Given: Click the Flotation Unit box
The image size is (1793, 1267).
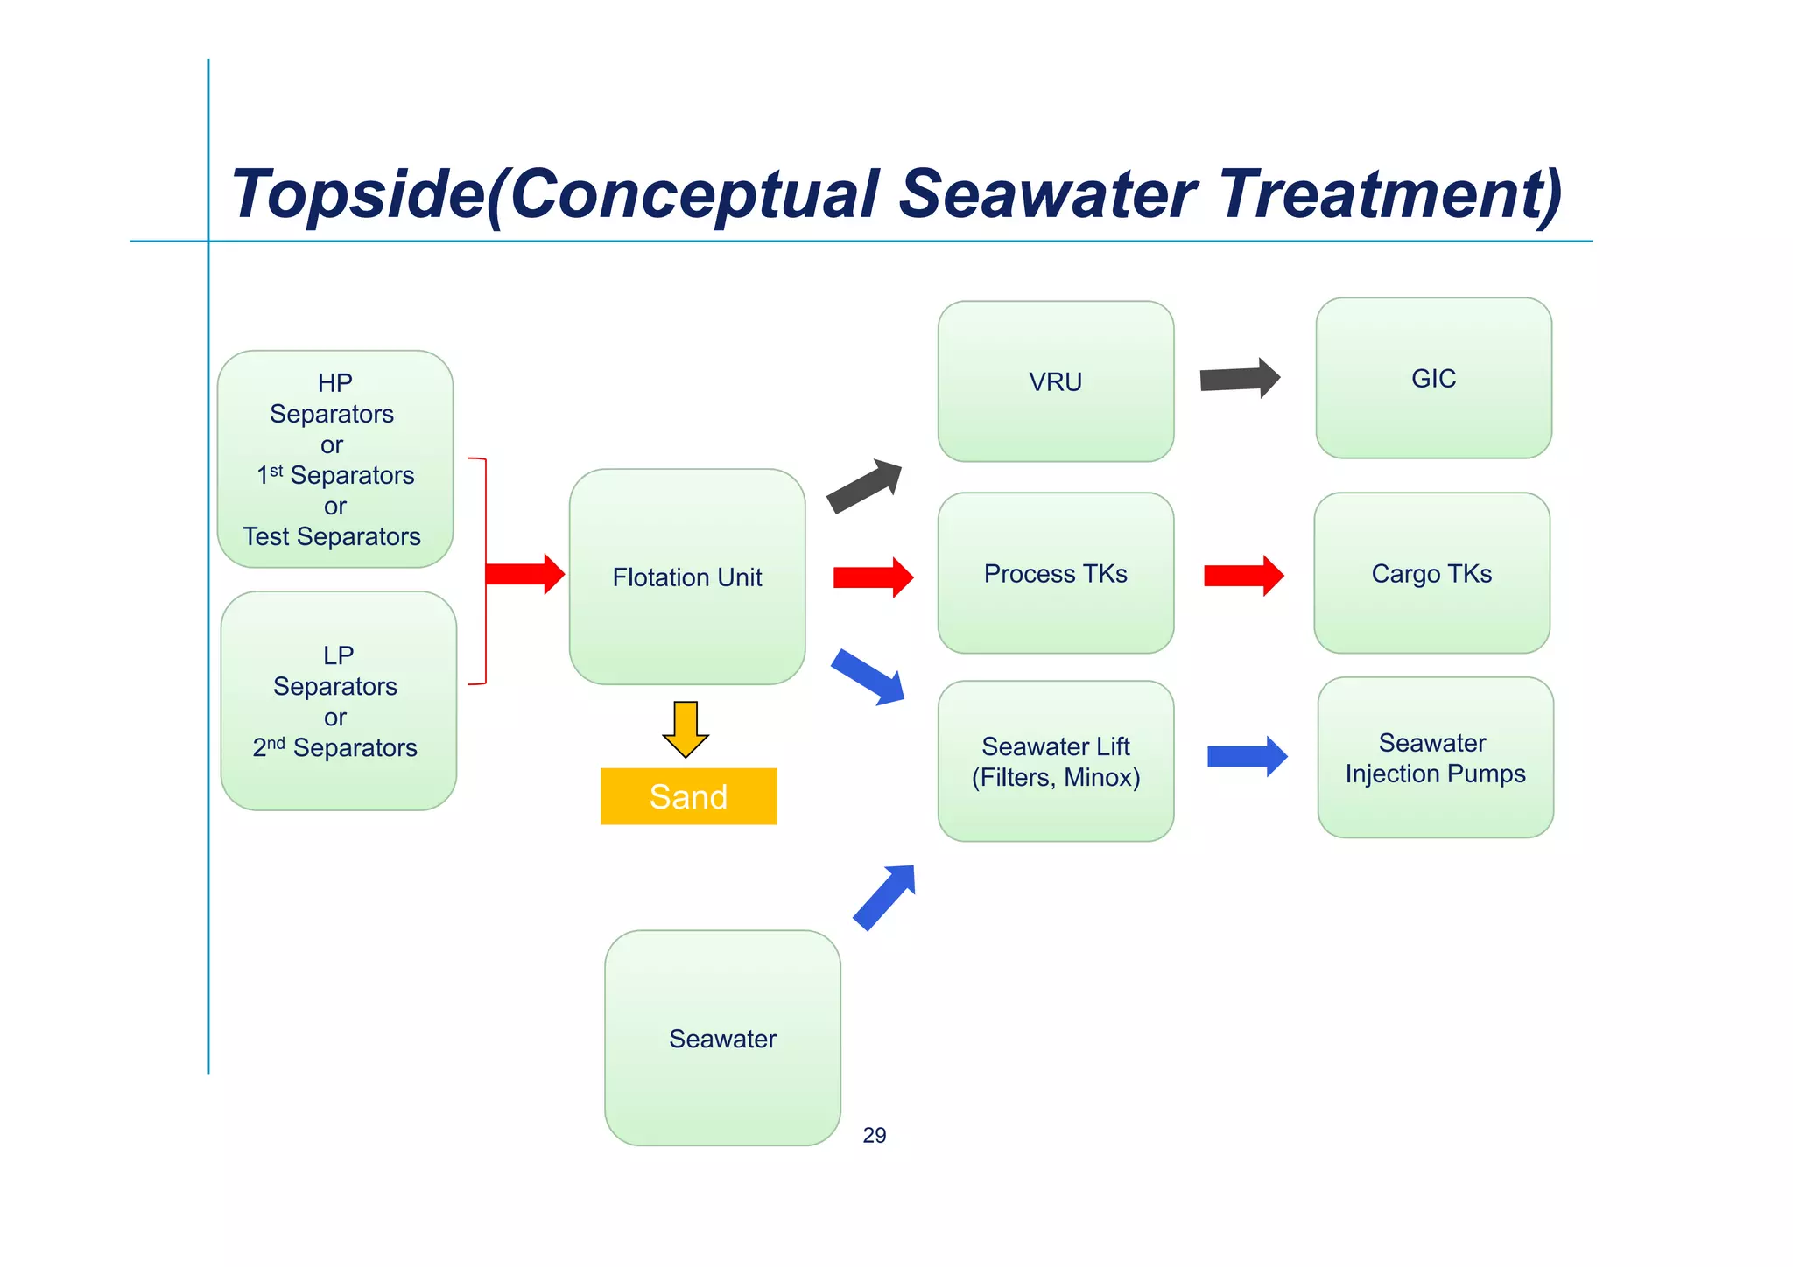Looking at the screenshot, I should (x=687, y=577).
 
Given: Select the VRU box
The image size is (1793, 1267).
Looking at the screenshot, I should (x=1055, y=381).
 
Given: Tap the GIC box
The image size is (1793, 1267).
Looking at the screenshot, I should (x=1433, y=378).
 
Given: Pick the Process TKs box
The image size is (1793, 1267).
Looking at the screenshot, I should (x=1055, y=573).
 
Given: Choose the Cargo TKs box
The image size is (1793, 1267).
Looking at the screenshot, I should (x=1431, y=573).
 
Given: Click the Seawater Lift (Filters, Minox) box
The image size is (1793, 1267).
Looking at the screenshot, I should (x=1055, y=761).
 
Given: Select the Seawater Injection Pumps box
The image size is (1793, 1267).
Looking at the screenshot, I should (x=1435, y=758).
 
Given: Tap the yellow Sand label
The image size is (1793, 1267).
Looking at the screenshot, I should (x=688, y=796).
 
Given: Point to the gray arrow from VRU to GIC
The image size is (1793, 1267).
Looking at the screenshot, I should (x=1239, y=379).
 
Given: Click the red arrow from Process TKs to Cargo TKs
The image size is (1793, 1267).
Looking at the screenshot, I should (x=1243, y=576).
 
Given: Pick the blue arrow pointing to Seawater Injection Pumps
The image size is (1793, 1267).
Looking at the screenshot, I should (x=1247, y=756).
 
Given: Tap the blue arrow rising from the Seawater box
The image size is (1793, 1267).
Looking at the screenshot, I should (x=885, y=897).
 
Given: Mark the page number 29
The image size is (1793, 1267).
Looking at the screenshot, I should (x=874, y=1136).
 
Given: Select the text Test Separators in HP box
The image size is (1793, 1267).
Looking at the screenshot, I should (x=332, y=536).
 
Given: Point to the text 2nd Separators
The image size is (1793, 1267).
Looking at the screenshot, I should (x=335, y=748).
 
